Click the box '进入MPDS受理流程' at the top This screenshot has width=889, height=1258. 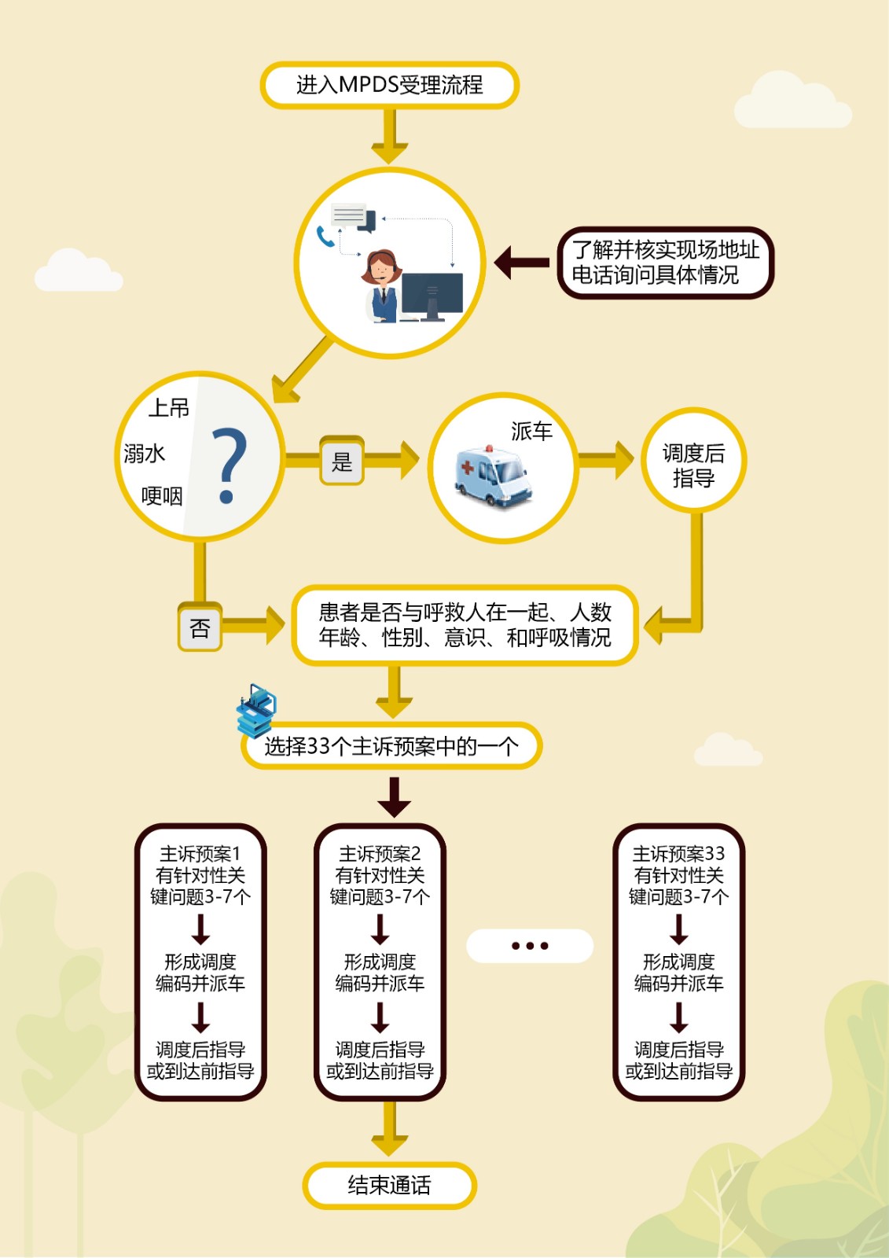pyautogui.click(x=389, y=85)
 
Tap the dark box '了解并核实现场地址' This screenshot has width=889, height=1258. pyautogui.click(x=665, y=263)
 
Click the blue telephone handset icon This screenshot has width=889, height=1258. pyautogui.click(x=325, y=236)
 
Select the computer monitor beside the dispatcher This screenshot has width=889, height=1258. pyautogui.click(x=432, y=296)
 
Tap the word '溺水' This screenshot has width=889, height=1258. pyautogui.click(x=145, y=454)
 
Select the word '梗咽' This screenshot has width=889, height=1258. pyautogui.click(x=162, y=496)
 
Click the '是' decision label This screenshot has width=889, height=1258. pyautogui.click(x=342, y=462)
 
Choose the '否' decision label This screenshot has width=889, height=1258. pyautogui.click(x=200, y=627)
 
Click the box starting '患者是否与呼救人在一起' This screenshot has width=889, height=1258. pyautogui.click(x=465, y=625)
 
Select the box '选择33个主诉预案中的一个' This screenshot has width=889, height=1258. pyautogui.click(x=391, y=745)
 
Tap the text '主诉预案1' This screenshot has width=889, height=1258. pyautogui.click(x=200, y=854)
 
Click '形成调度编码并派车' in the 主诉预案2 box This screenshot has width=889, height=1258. pyautogui.click(x=380, y=973)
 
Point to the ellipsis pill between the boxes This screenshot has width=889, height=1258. pyautogui.click(x=530, y=946)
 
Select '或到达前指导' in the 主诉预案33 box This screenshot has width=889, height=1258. pyautogui.click(x=678, y=1071)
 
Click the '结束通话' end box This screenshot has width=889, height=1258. pyautogui.click(x=389, y=1185)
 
